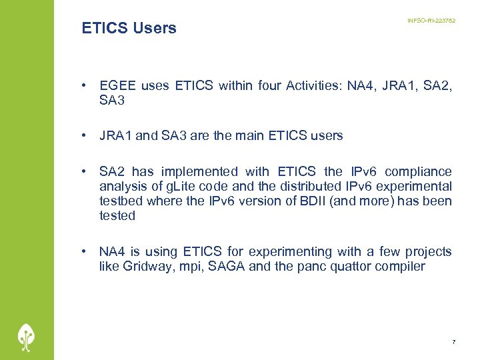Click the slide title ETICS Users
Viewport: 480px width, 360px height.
tap(129, 28)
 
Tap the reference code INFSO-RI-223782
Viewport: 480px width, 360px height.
tap(431, 21)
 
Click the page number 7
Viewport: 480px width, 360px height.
tap(453, 342)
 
